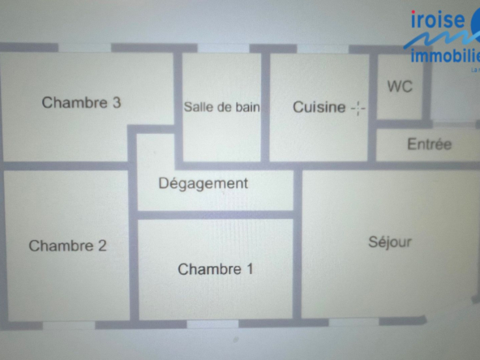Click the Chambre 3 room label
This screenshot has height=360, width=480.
tap(81, 102)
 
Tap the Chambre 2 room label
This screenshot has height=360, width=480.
tap(67, 246)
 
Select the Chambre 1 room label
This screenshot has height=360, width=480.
tap(216, 269)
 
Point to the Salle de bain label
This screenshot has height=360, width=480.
tap(221, 107)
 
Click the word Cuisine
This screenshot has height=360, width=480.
tap(319, 107)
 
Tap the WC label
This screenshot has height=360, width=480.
tap(400, 86)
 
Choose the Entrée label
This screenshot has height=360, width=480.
tap(430, 144)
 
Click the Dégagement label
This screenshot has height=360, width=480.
tap(204, 184)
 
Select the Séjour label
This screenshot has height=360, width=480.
tap(390, 242)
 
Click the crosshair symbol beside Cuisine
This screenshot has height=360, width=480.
tap(358, 108)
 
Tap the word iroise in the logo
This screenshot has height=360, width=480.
tap(438, 19)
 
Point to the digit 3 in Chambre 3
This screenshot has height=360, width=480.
tap(117, 102)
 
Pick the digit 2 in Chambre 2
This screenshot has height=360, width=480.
tap(102, 246)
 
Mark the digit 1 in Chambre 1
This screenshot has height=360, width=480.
tap(250, 269)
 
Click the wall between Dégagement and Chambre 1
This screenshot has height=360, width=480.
tap(216, 215)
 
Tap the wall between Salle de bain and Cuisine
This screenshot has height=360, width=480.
tap(265, 107)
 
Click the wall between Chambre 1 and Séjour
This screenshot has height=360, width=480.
tap(297, 244)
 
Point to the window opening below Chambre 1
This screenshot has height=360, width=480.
tap(212, 324)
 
